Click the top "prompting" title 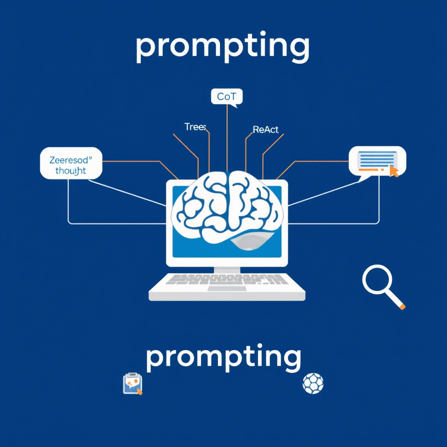[x=222, y=48]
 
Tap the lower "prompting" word [x=223, y=358]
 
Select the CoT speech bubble [x=226, y=96]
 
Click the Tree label [x=195, y=127]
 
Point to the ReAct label [x=265, y=130]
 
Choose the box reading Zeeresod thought [x=71, y=163]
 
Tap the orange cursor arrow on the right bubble [x=394, y=172]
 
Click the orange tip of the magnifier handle [x=402, y=307]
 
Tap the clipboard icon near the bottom [x=133, y=384]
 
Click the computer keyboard [x=227, y=286]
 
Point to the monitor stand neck [x=227, y=270]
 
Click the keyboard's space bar [x=226, y=289]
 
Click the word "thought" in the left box [x=71, y=171]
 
